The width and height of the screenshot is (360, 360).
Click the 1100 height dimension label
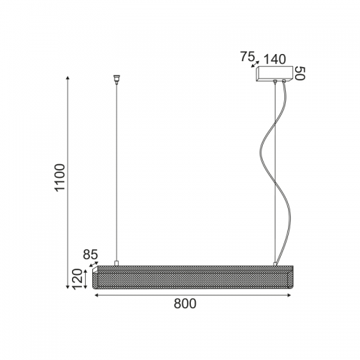(x=60, y=177)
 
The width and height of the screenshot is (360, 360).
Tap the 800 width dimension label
(x=185, y=304)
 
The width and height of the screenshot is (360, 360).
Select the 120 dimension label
(x=77, y=279)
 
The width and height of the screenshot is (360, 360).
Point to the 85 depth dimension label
(x=91, y=255)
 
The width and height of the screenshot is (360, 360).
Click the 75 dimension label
(x=248, y=57)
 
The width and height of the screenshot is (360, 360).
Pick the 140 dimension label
(x=275, y=59)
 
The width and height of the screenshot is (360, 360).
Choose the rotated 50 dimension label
(x=300, y=73)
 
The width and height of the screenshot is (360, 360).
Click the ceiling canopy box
(x=274, y=73)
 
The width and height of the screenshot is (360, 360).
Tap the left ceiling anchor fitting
(x=117, y=79)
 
